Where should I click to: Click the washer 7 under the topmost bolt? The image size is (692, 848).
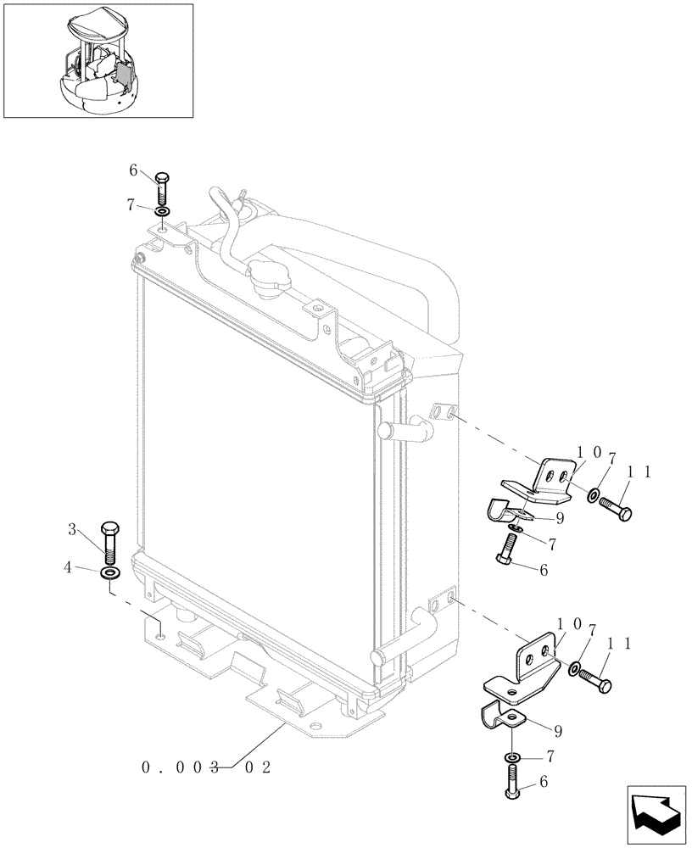click(163, 210)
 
